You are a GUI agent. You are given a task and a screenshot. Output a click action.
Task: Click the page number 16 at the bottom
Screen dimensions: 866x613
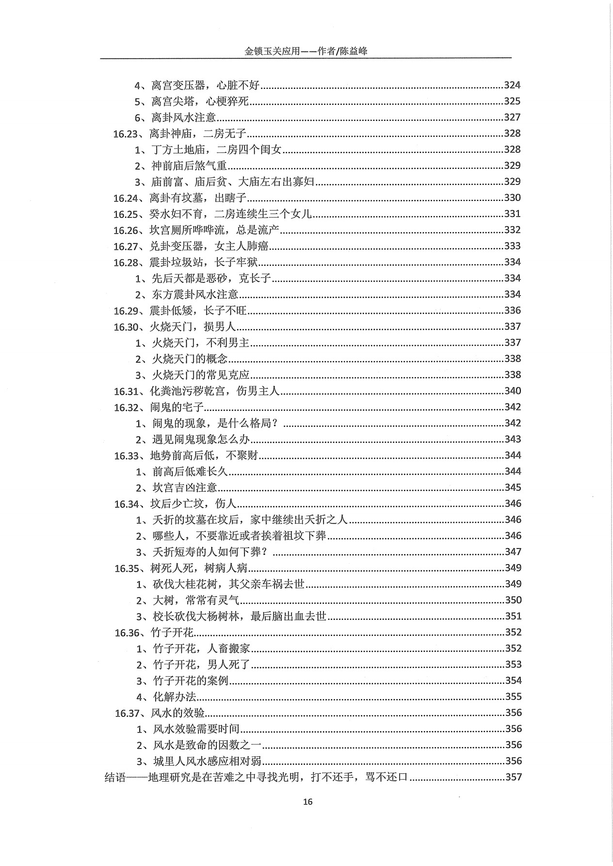pyautogui.click(x=307, y=801)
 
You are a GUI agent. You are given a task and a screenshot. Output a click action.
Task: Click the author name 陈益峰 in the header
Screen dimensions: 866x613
pyautogui.click(x=354, y=51)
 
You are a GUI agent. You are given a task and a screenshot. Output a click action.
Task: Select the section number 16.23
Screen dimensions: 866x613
pyautogui.click(x=127, y=133)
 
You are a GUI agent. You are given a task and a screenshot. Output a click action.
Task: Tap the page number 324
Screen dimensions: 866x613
pyautogui.click(x=512, y=85)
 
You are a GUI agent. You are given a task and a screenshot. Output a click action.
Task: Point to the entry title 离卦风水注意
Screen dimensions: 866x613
pyautogui.click(x=183, y=117)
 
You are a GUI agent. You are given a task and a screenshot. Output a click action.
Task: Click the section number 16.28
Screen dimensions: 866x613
pyautogui.click(x=127, y=262)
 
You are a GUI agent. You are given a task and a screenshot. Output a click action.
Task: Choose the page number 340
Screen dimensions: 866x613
pyautogui.click(x=513, y=391)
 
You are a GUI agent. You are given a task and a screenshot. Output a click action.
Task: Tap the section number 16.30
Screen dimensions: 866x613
pyautogui.click(x=127, y=327)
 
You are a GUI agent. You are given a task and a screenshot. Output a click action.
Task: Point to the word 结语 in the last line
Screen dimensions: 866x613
pyautogui.click(x=115, y=777)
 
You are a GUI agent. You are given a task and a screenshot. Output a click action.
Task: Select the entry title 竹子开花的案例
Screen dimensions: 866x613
pyautogui.click(x=191, y=681)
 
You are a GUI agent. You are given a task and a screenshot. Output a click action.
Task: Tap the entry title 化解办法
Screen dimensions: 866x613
pyautogui.click(x=175, y=697)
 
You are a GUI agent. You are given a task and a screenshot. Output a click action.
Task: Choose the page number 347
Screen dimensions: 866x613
pyautogui.click(x=513, y=552)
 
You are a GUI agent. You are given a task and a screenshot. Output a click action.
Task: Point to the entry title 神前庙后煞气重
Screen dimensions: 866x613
pyautogui.click(x=189, y=166)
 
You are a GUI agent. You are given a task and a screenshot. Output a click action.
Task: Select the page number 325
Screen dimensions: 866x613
pyautogui.click(x=512, y=101)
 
